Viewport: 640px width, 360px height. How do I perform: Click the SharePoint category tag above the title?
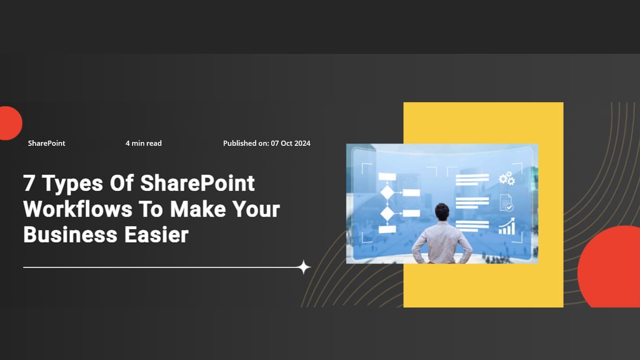pyautogui.click(x=46, y=143)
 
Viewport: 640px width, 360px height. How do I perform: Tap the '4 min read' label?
pyautogui.click(x=143, y=143)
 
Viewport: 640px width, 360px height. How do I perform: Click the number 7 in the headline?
pyautogui.click(x=29, y=183)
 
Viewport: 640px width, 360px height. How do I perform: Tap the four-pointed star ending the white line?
pyautogui.click(x=304, y=268)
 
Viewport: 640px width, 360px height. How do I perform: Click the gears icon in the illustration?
pyautogui.click(x=506, y=179)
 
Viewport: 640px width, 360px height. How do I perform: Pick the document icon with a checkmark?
pyautogui.click(x=506, y=202)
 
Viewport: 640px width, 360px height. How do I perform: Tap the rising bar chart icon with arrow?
pyautogui.click(x=506, y=226)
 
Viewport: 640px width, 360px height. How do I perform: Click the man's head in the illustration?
pyautogui.click(x=442, y=211)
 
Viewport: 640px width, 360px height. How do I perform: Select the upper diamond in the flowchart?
pyautogui.click(x=387, y=192)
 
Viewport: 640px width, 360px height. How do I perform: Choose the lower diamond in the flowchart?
pyautogui.click(x=387, y=213)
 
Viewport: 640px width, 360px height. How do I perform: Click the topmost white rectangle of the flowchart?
pyautogui.click(x=387, y=177)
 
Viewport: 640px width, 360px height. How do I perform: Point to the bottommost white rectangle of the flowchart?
pyautogui.click(x=387, y=230)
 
